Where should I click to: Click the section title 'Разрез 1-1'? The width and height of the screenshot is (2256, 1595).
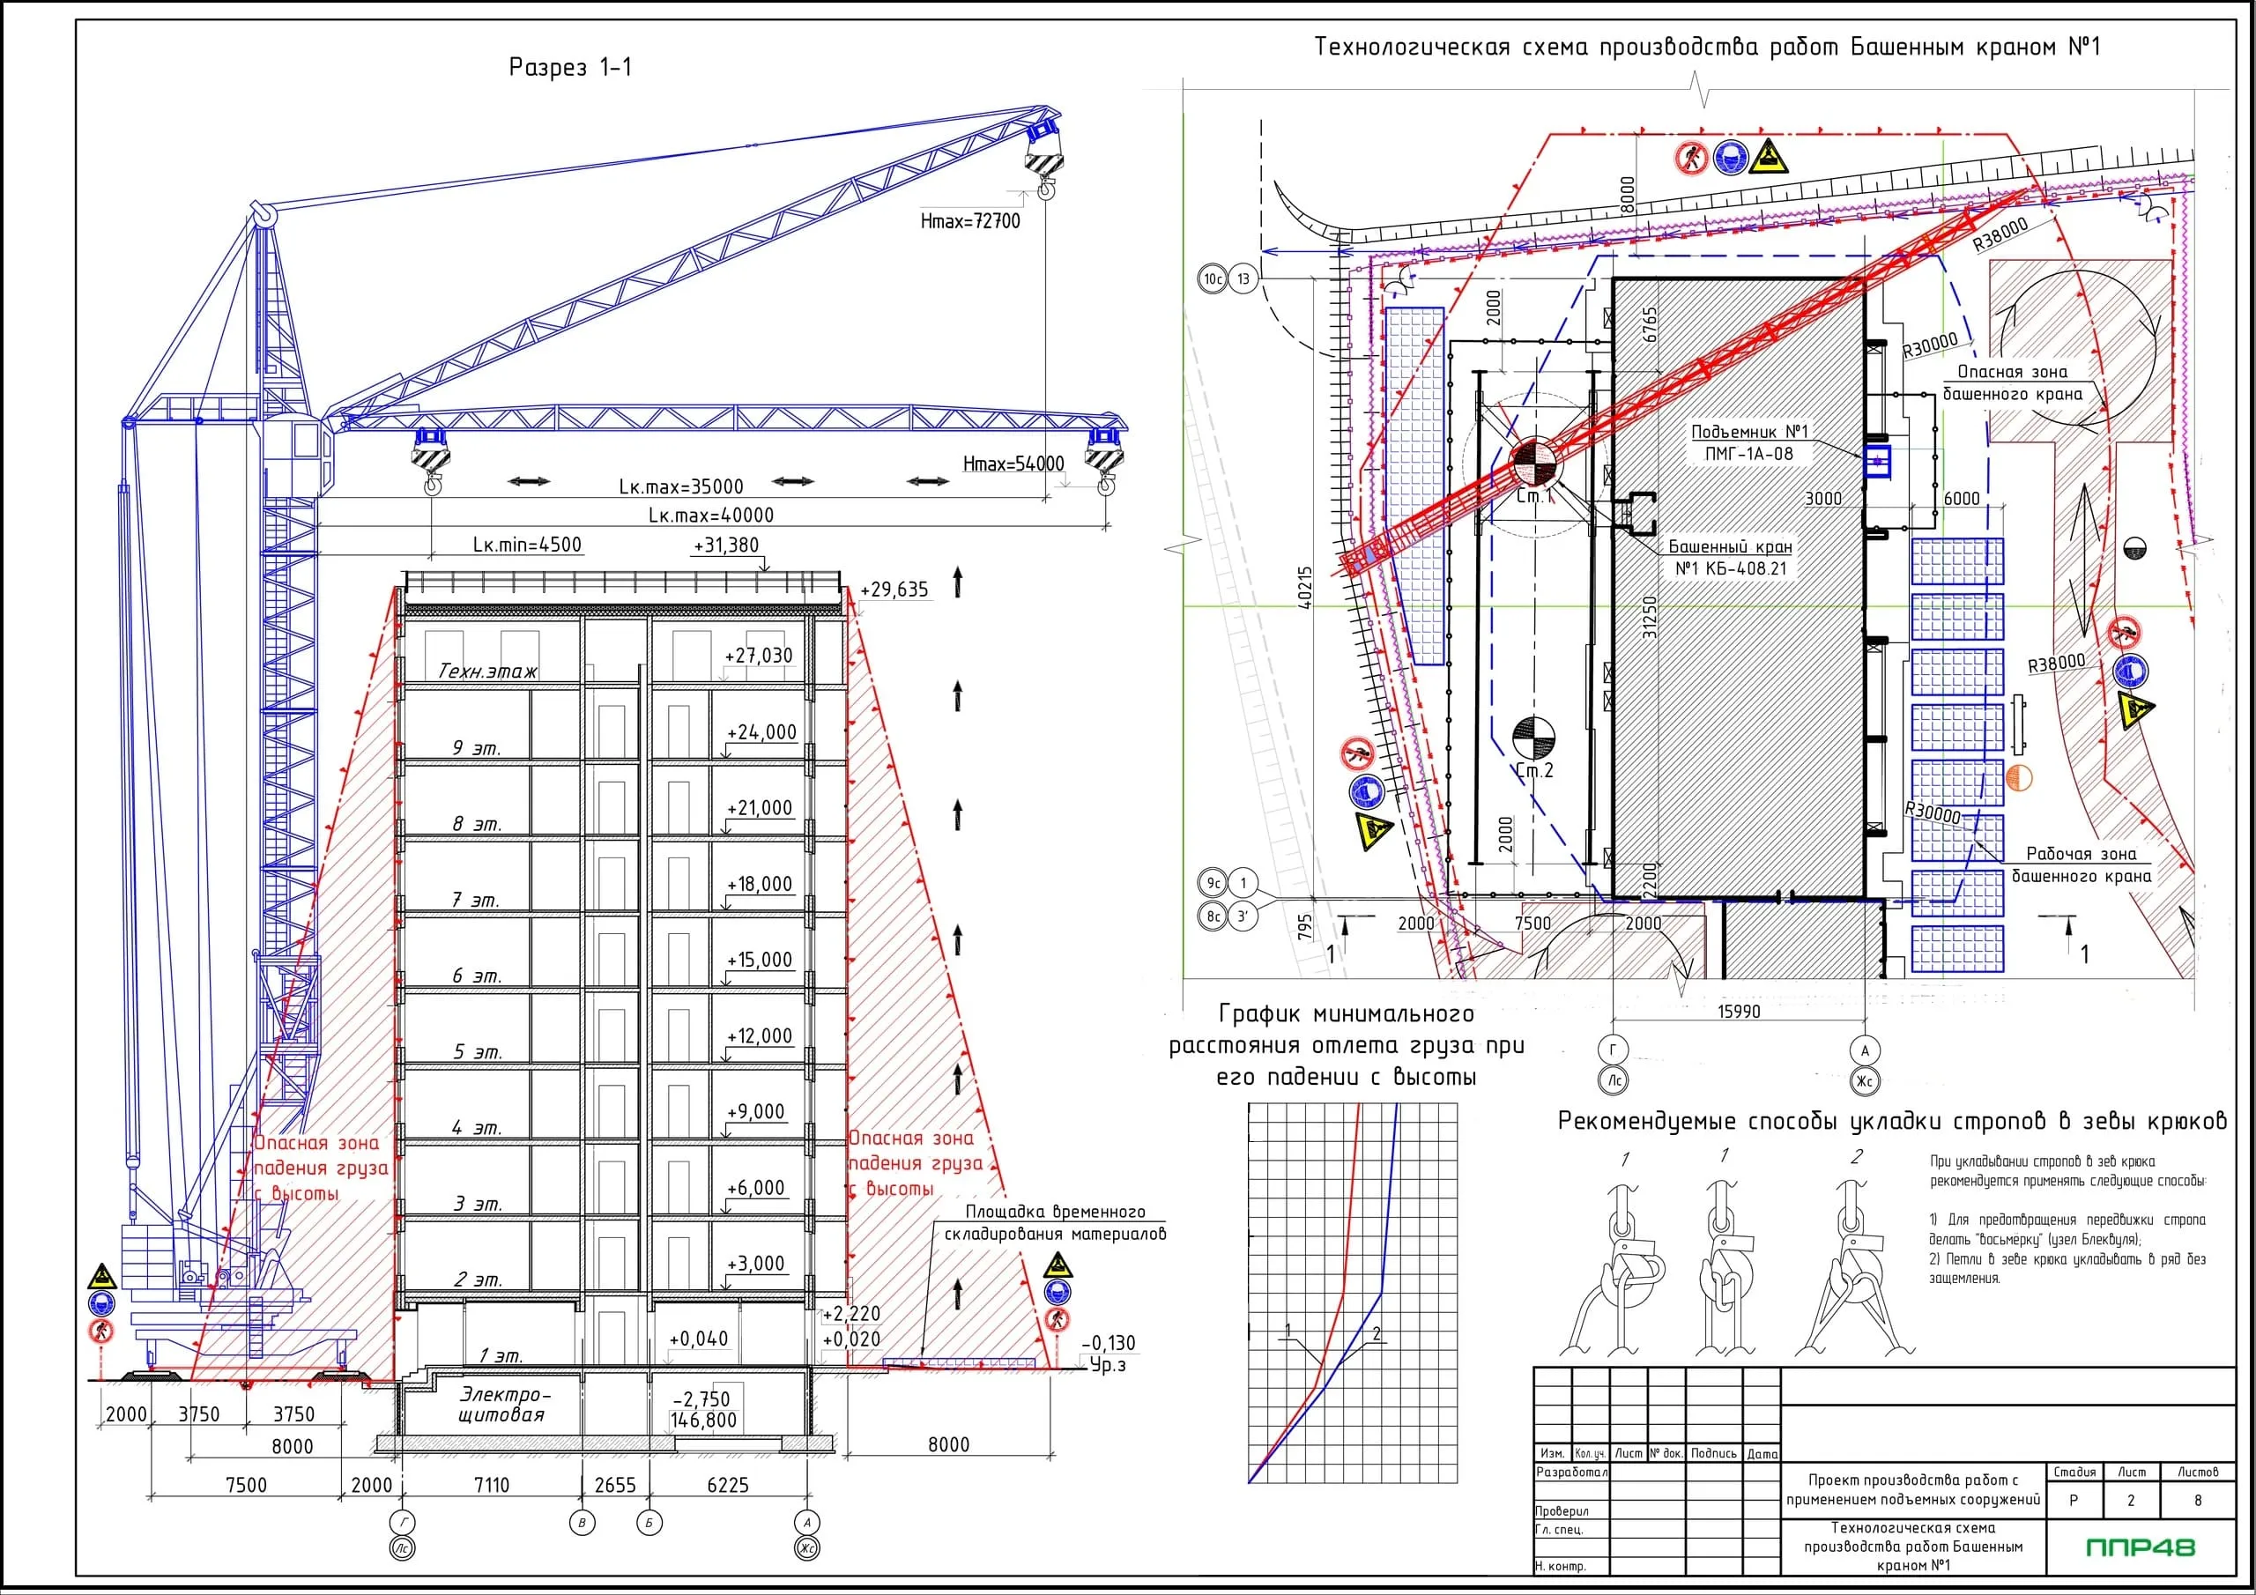pos(570,67)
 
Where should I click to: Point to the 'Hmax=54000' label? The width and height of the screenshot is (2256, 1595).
pos(1013,464)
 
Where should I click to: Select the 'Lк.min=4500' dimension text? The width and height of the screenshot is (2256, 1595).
pos(527,545)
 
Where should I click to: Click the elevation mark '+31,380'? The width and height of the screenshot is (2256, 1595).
pos(726,545)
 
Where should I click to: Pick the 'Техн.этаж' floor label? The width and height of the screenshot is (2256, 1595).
pos(487,672)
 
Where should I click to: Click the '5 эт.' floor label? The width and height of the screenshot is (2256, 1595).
pos(477,1052)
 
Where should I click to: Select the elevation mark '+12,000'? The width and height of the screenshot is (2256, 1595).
pos(759,1035)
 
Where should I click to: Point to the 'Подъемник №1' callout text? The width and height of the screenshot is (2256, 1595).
pos(1749,432)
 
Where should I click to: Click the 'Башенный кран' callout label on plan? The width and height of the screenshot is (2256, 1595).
pos(1729,546)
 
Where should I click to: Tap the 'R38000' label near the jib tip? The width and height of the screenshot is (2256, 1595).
pos(2000,234)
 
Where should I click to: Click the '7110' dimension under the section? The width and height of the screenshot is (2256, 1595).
pos(491,1485)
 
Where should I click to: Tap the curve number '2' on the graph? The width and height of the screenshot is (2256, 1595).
pos(1377,1334)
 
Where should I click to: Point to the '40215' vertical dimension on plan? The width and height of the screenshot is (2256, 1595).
pos(1304,588)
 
